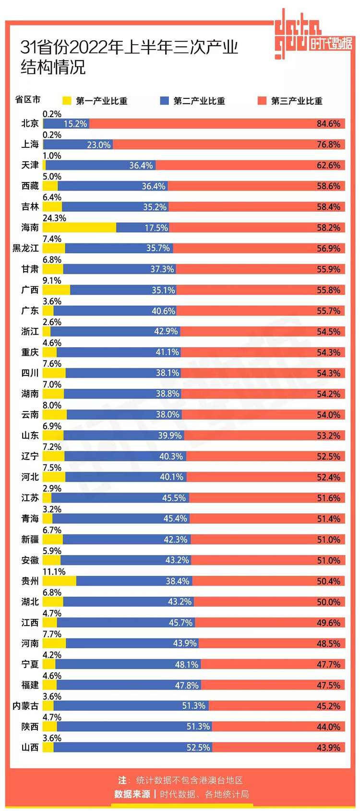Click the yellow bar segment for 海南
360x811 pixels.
pyautogui.click(x=79, y=228)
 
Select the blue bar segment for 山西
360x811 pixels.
pyautogui.click(x=132, y=748)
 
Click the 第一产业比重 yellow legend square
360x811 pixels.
pyautogui.click(x=67, y=101)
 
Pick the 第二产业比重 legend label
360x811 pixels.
pyautogui.click(x=199, y=101)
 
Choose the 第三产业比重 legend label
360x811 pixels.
pyautogui.click(x=297, y=101)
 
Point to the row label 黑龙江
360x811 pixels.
pyautogui.click(x=25, y=248)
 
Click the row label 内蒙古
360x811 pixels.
pyautogui.click(x=25, y=706)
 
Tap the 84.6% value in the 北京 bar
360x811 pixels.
pyautogui.click(x=328, y=124)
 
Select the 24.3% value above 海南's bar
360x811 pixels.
pyautogui.click(x=54, y=218)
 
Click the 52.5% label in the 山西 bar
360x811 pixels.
pyautogui.click(x=198, y=748)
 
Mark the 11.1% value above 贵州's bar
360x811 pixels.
pyautogui.click(x=54, y=571)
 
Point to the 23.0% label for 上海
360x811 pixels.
pyautogui.click(x=98, y=145)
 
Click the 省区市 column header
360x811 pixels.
pyautogui.click(x=28, y=99)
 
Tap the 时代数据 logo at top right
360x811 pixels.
pyautogui.click(x=331, y=43)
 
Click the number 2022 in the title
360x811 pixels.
pyautogui.click(x=87, y=48)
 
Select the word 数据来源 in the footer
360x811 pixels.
pyautogui.click(x=132, y=794)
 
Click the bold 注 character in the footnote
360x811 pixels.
pyautogui.click(x=122, y=780)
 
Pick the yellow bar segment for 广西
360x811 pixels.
pyautogui.click(x=56, y=290)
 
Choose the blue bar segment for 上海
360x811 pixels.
pyautogui.click(x=78, y=145)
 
